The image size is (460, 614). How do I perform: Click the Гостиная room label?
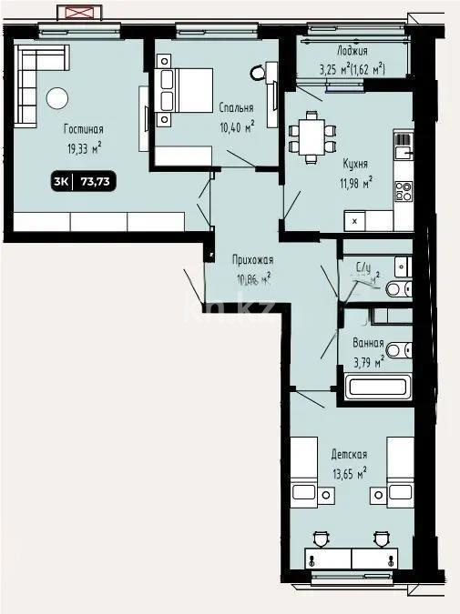(83, 129)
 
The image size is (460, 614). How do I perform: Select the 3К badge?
(62, 181)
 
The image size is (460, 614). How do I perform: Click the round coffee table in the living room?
(57, 96)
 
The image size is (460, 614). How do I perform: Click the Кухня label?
(355, 165)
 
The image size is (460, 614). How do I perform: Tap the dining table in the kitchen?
(311, 136)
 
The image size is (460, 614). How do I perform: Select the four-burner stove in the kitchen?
(402, 191)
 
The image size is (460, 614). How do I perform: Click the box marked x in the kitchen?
(354, 220)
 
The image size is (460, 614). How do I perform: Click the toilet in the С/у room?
(397, 290)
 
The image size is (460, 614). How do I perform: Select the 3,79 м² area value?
(368, 360)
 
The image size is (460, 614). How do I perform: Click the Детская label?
(348, 455)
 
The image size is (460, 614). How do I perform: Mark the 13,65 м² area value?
(348, 472)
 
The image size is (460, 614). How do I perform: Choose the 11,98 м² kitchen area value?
(355, 182)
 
